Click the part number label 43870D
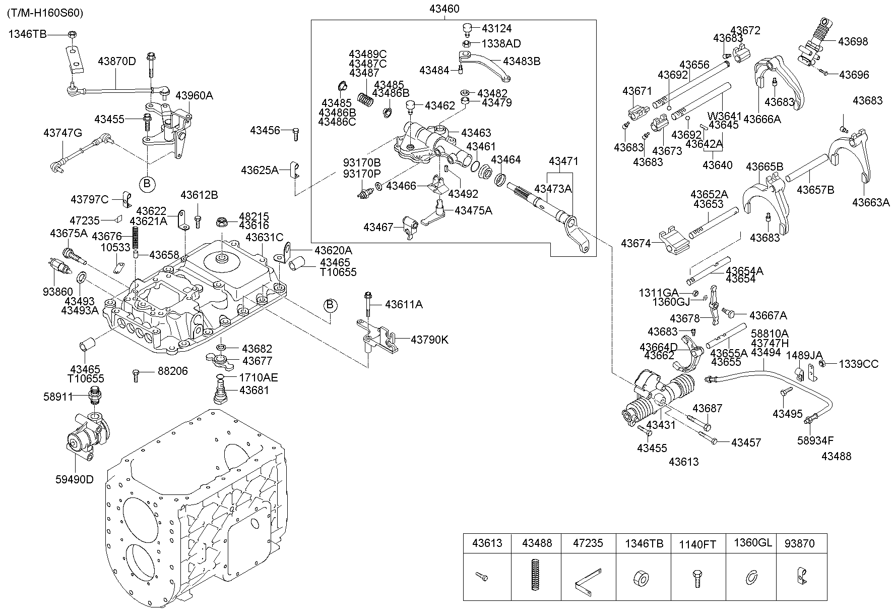[x=117, y=62]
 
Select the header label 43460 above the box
[x=444, y=9]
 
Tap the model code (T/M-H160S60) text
[x=45, y=13]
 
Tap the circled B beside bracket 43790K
[x=330, y=305]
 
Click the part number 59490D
[x=75, y=479]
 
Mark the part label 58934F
[x=815, y=440]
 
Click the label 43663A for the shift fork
[x=871, y=202]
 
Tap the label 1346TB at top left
[x=27, y=34]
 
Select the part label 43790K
[x=429, y=340]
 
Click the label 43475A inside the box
[x=473, y=210]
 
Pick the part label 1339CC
[x=858, y=364]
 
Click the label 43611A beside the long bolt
[x=404, y=304]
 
